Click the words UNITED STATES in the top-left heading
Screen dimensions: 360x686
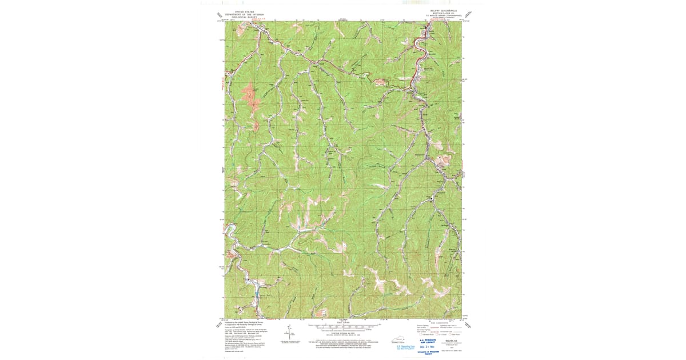(x=240, y=11)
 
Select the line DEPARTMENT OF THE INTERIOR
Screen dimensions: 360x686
(x=240, y=14)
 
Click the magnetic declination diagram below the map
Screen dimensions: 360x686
(x=284, y=333)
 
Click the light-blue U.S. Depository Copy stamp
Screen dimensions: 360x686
(x=406, y=347)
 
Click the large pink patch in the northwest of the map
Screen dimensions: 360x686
(x=250, y=97)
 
